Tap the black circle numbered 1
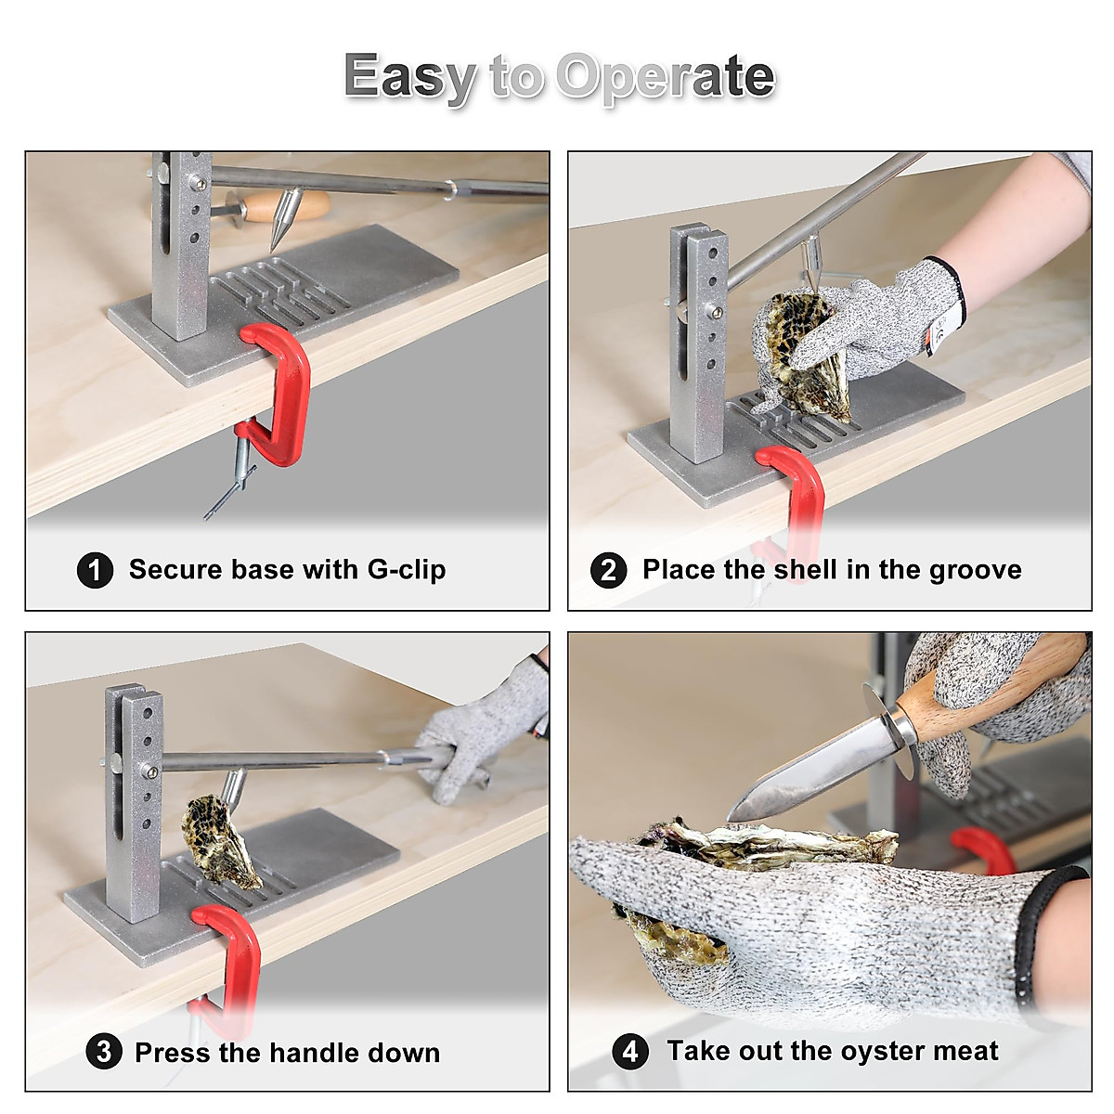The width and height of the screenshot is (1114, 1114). [95, 570]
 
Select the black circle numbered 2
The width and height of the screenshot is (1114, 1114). [608, 570]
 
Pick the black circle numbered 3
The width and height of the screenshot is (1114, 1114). [103, 1051]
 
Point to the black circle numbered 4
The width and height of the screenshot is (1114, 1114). [630, 1051]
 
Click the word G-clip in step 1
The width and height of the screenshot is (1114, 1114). [407, 570]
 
